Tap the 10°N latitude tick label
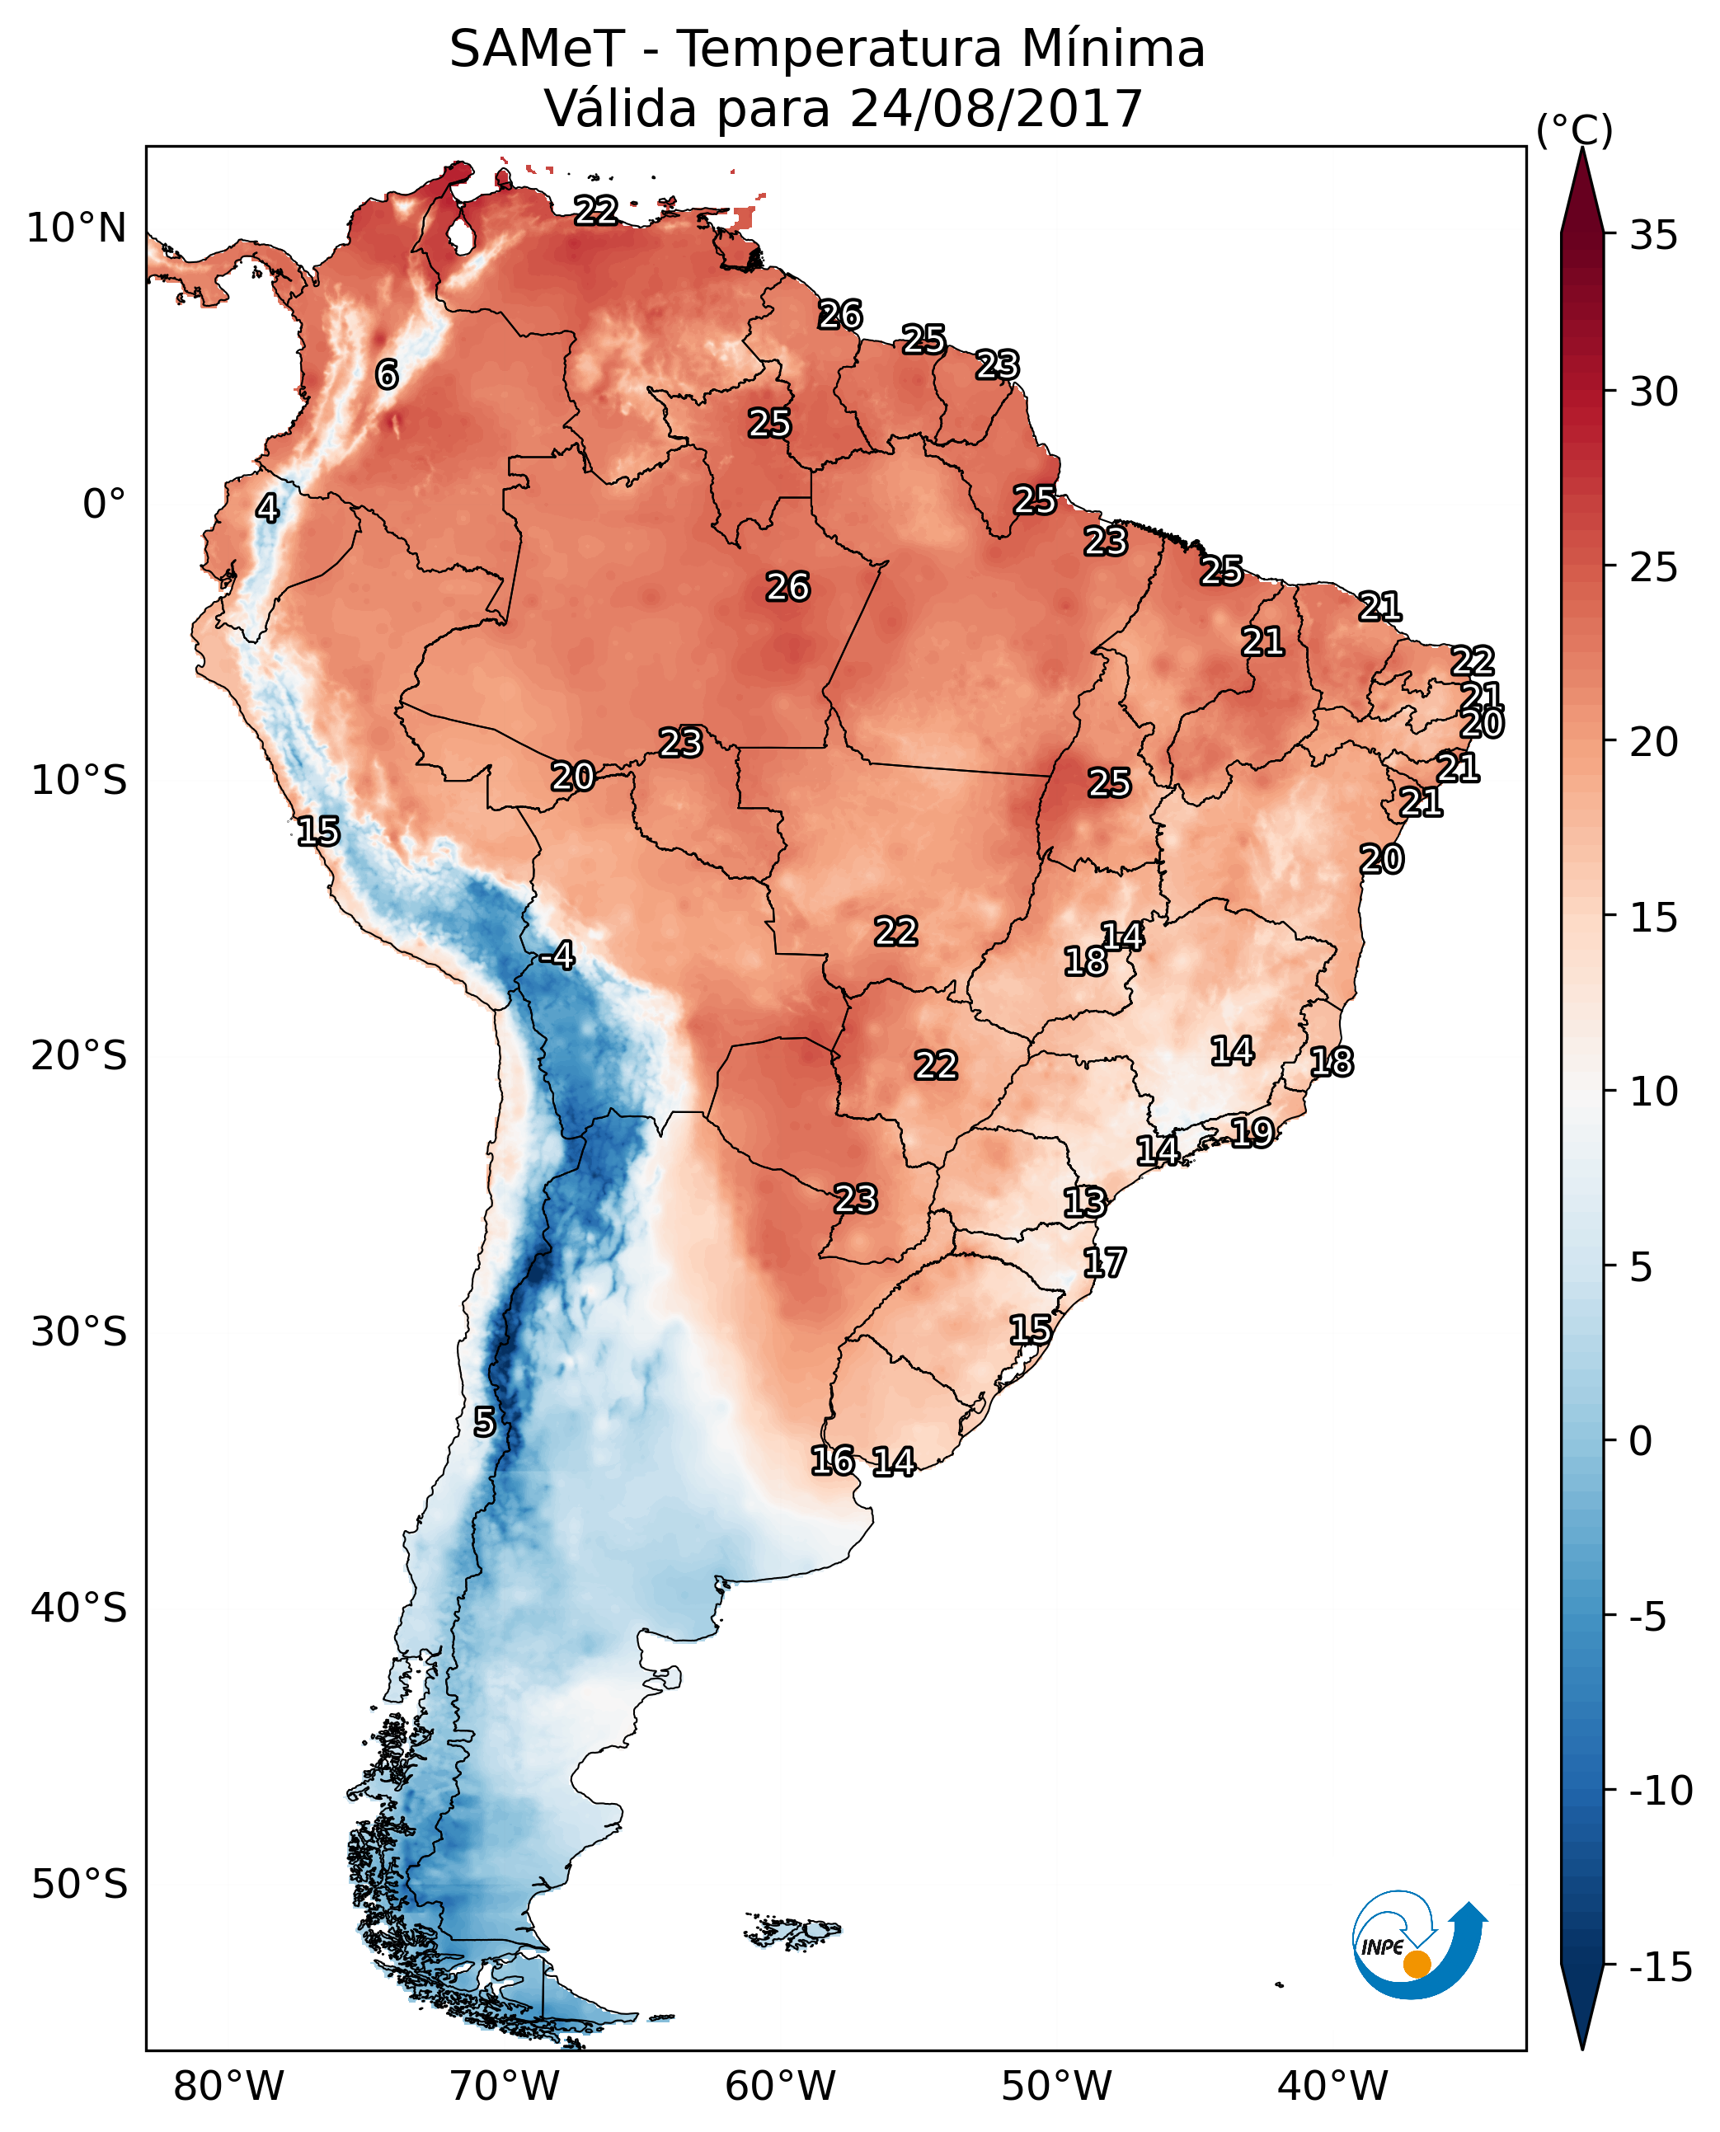click(x=77, y=229)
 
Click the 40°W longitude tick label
click(x=1332, y=2087)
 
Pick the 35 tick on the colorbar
click(x=1653, y=236)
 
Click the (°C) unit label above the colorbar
click(x=1574, y=129)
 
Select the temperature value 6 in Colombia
click(x=387, y=374)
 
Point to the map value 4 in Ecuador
click(x=267, y=508)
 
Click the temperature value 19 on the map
click(x=1252, y=1131)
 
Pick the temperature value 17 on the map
click(x=1104, y=1262)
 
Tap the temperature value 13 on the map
click(x=1084, y=1202)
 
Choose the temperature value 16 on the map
click(x=832, y=1460)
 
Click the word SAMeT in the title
click(x=537, y=49)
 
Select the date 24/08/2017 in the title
click(x=996, y=109)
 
